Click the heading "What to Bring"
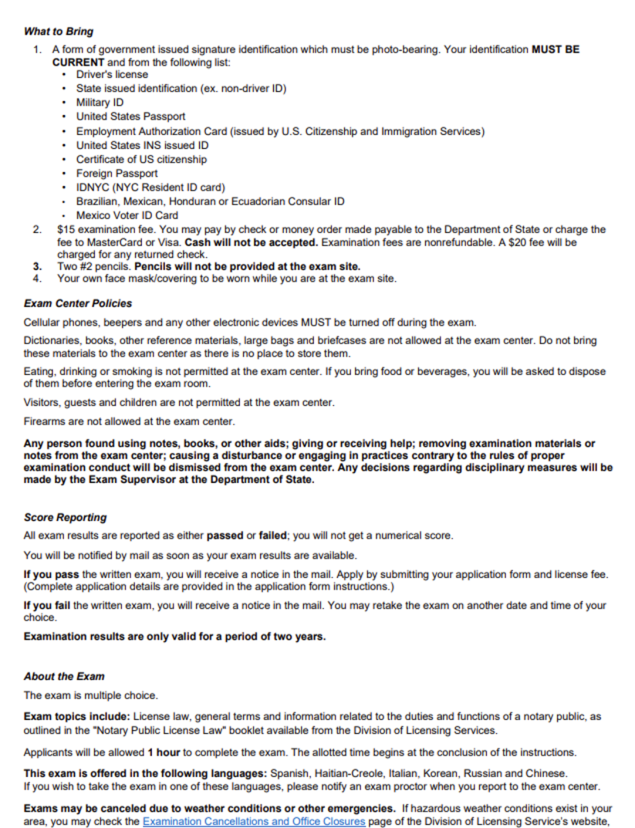pyautogui.click(x=59, y=32)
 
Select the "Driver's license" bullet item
pyautogui.click(x=112, y=75)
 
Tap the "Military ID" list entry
pyautogui.click(x=100, y=103)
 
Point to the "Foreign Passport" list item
pyautogui.click(x=117, y=174)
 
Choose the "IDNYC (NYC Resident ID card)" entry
pyautogui.click(x=150, y=188)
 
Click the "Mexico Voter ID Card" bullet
pyautogui.click(x=127, y=215)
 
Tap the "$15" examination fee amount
pyautogui.click(x=65, y=230)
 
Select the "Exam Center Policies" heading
pyautogui.click(x=78, y=303)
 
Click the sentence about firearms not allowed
pyautogui.click(x=130, y=421)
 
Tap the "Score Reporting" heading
pyautogui.click(x=66, y=517)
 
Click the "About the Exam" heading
pyautogui.click(x=64, y=676)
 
